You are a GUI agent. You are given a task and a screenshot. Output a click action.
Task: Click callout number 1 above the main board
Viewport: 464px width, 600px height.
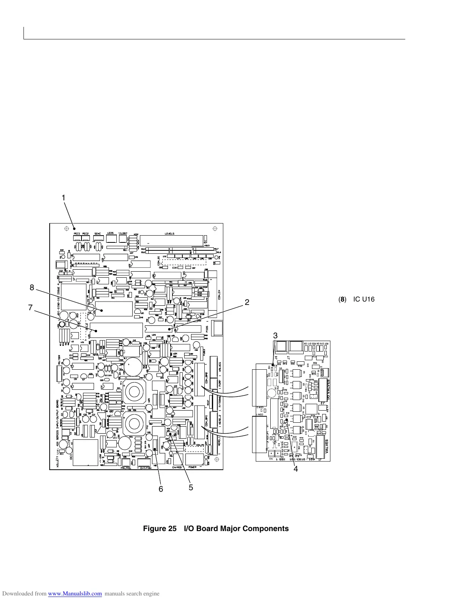(x=64, y=198)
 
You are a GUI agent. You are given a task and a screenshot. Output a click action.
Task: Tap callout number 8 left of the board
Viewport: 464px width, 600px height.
(x=32, y=287)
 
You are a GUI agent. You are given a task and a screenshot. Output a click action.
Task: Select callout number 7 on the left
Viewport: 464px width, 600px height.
(x=30, y=308)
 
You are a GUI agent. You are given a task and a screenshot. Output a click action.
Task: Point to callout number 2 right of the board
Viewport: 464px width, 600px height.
(x=247, y=302)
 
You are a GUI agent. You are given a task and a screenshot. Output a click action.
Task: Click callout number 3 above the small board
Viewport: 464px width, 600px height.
(x=276, y=336)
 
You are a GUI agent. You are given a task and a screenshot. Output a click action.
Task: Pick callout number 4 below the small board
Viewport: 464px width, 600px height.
(x=296, y=469)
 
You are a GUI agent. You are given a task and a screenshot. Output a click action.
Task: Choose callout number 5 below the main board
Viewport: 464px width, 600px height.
(x=191, y=487)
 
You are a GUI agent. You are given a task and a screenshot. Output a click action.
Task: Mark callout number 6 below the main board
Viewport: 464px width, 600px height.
(x=161, y=489)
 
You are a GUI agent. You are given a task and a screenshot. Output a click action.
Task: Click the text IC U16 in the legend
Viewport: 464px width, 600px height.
(x=364, y=300)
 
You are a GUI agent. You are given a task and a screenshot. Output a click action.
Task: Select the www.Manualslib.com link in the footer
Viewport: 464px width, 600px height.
(x=75, y=594)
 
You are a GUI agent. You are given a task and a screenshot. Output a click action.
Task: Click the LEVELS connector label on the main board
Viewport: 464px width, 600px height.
(x=169, y=234)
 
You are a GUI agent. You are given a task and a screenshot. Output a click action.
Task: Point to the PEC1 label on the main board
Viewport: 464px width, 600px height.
(x=77, y=234)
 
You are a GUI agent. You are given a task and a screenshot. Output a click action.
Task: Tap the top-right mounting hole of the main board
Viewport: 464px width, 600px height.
(x=215, y=228)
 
